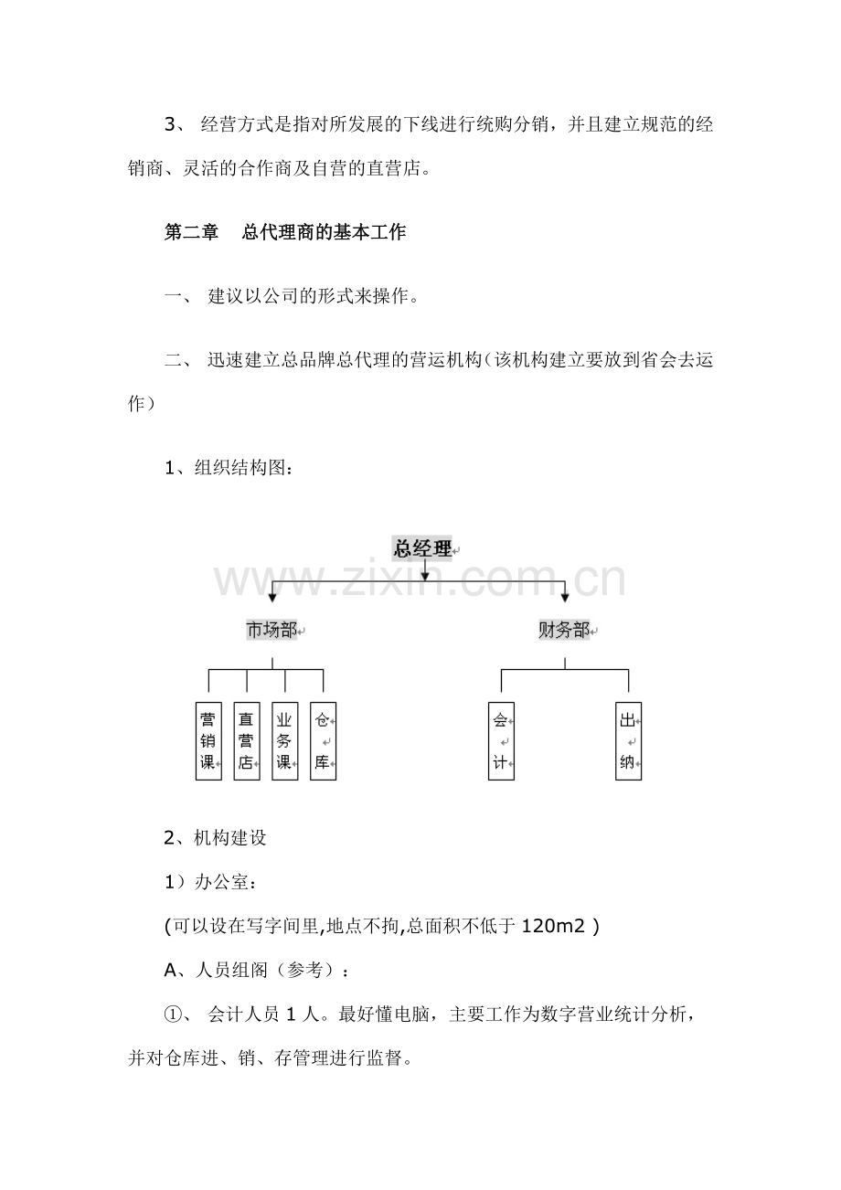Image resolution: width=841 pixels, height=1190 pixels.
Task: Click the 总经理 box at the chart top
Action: click(x=422, y=549)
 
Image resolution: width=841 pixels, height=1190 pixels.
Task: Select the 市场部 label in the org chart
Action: click(x=271, y=630)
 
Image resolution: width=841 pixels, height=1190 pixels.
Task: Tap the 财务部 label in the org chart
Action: click(x=564, y=630)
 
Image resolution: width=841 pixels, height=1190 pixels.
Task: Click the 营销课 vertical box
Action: click(x=209, y=740)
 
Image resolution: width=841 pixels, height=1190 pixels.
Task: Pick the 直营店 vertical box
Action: click(x=247, y=740)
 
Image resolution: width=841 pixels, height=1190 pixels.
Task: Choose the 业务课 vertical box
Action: click(x=284, y=740)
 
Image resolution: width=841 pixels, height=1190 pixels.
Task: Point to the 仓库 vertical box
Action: click(x=323, y=740)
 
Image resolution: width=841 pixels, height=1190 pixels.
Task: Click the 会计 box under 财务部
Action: click(x=501, y=740)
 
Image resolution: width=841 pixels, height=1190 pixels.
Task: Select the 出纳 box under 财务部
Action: click(x=628, y=740)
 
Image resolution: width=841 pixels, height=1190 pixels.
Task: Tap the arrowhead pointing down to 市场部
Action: click(x=272, y=597)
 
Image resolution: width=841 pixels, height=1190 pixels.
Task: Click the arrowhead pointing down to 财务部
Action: click(x=565, y=597)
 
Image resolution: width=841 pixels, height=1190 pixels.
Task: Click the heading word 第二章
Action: click(x=191, y=233)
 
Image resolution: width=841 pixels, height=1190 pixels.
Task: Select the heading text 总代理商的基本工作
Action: click(x=324, y=233)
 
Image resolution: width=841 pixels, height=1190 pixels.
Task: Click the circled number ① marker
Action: click(x=172, y=1014)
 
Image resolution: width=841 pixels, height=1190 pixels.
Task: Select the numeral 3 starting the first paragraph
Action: click(x=170, y=125)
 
